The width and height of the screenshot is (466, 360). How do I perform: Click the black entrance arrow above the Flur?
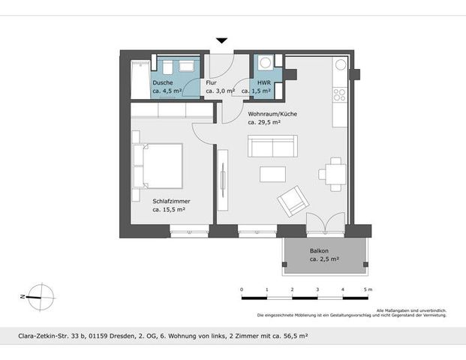click(221, 41)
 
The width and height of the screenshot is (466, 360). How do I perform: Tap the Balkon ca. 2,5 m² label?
click(323, 255)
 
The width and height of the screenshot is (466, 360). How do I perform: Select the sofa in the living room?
click(273, 145)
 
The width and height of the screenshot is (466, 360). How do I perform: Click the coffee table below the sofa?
click(273, 174)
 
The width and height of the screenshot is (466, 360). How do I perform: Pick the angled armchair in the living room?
click(292, 200)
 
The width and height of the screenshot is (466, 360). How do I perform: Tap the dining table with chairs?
click(332, 174)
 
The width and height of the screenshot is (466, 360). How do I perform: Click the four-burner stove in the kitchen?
click(339, 94)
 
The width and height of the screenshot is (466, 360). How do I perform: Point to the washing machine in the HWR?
click(265, 64)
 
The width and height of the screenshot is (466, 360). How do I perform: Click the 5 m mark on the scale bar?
click(368, 289)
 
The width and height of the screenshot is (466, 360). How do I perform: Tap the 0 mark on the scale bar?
click(242, 289)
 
